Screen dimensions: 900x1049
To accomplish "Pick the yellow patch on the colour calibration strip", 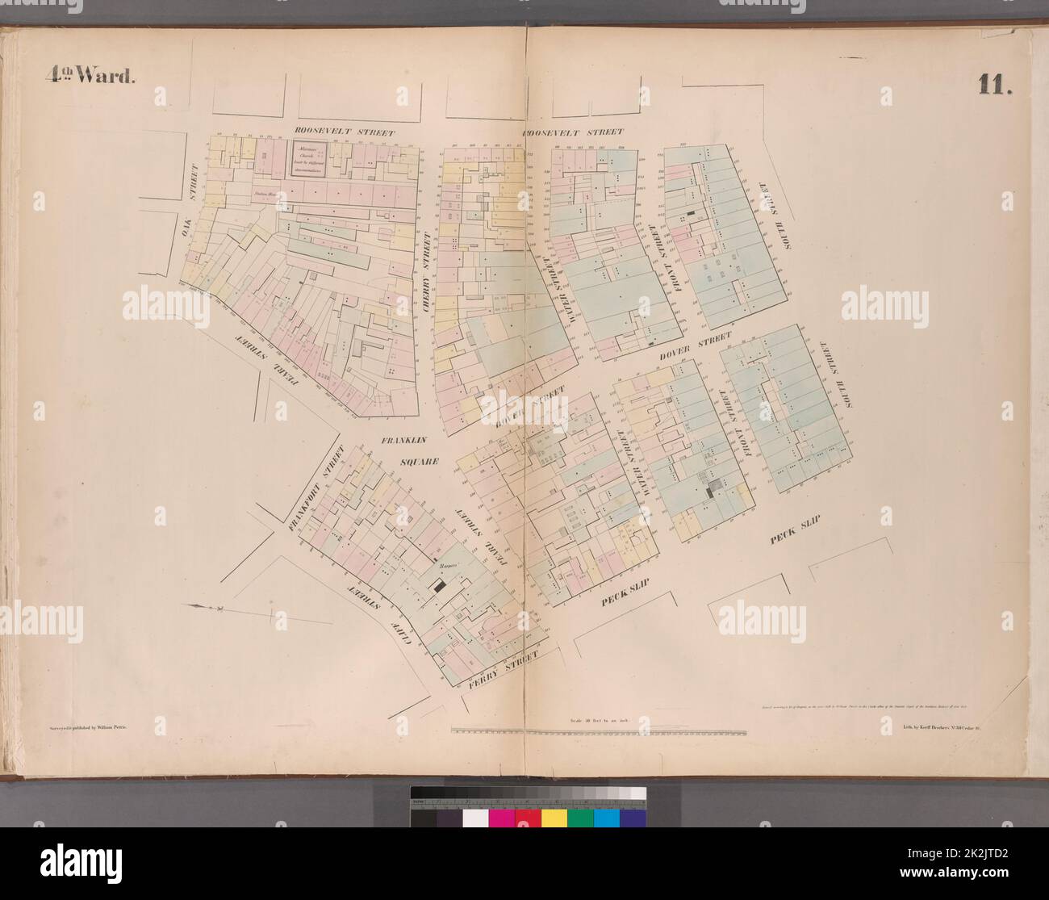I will point(554,817).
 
